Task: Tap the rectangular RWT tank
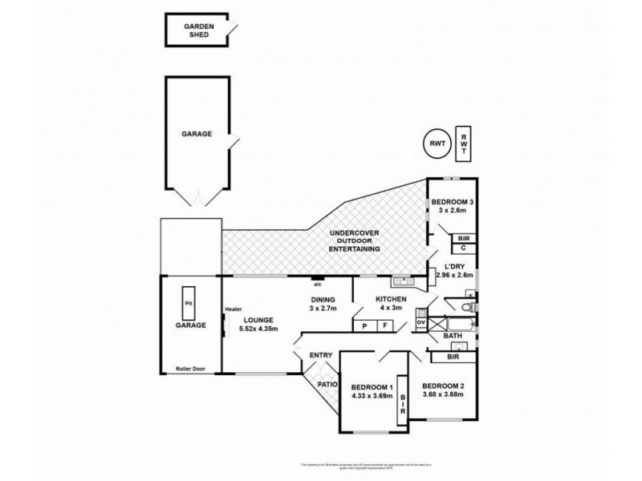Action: click(x=464, y=143)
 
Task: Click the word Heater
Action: click(x=234, y=309)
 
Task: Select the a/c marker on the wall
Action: click(x=318, y=282)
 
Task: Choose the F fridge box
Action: click(x=385, y=325)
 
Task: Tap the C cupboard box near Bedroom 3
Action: click(x=464, y=249)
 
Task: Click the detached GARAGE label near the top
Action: click(x=196, y=134)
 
